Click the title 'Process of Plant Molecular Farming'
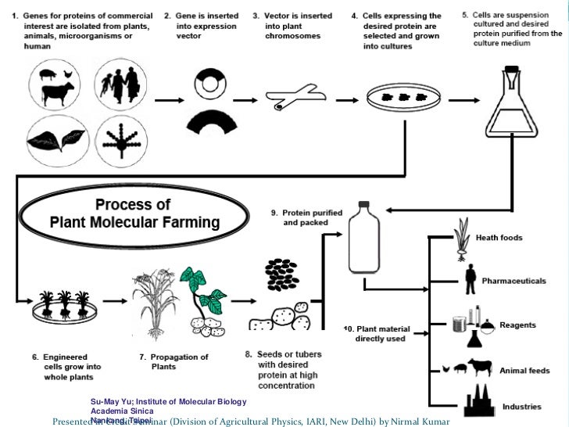pos(134,213)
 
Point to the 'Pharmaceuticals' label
pos(514,281)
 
